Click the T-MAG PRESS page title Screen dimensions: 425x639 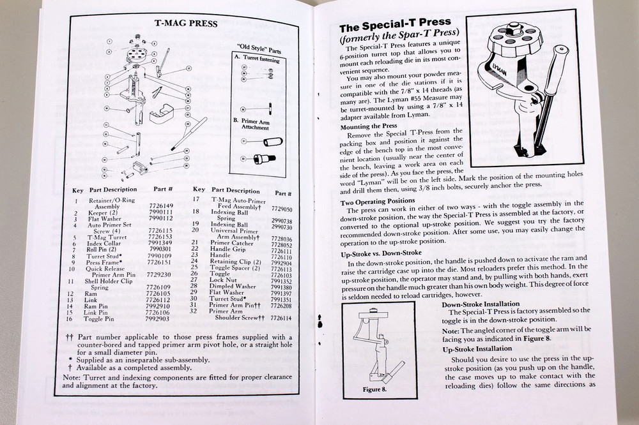[186, 24]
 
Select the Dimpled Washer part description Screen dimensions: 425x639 [235, 286]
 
